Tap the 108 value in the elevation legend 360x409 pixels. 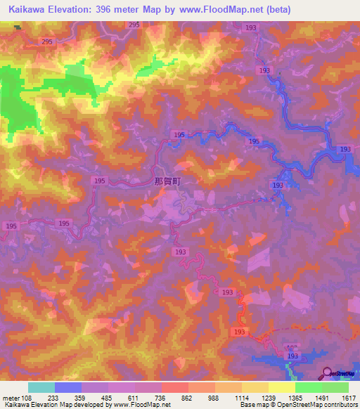[x=26, y=398]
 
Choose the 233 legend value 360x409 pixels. [x=53, y=398]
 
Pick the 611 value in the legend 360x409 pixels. [x=134, y=398]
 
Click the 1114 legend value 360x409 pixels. [x=242, y=398]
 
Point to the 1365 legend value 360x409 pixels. [x=296, y=398]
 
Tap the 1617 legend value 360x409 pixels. [x=347, y=398]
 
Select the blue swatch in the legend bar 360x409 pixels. [x=67, y=387]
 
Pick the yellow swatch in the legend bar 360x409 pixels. [x=281, y=387]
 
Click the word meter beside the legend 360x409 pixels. [x=11, y=398]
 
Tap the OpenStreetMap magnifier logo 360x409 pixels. [x=327, y=372]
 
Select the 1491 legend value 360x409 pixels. [x=322, y=398]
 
